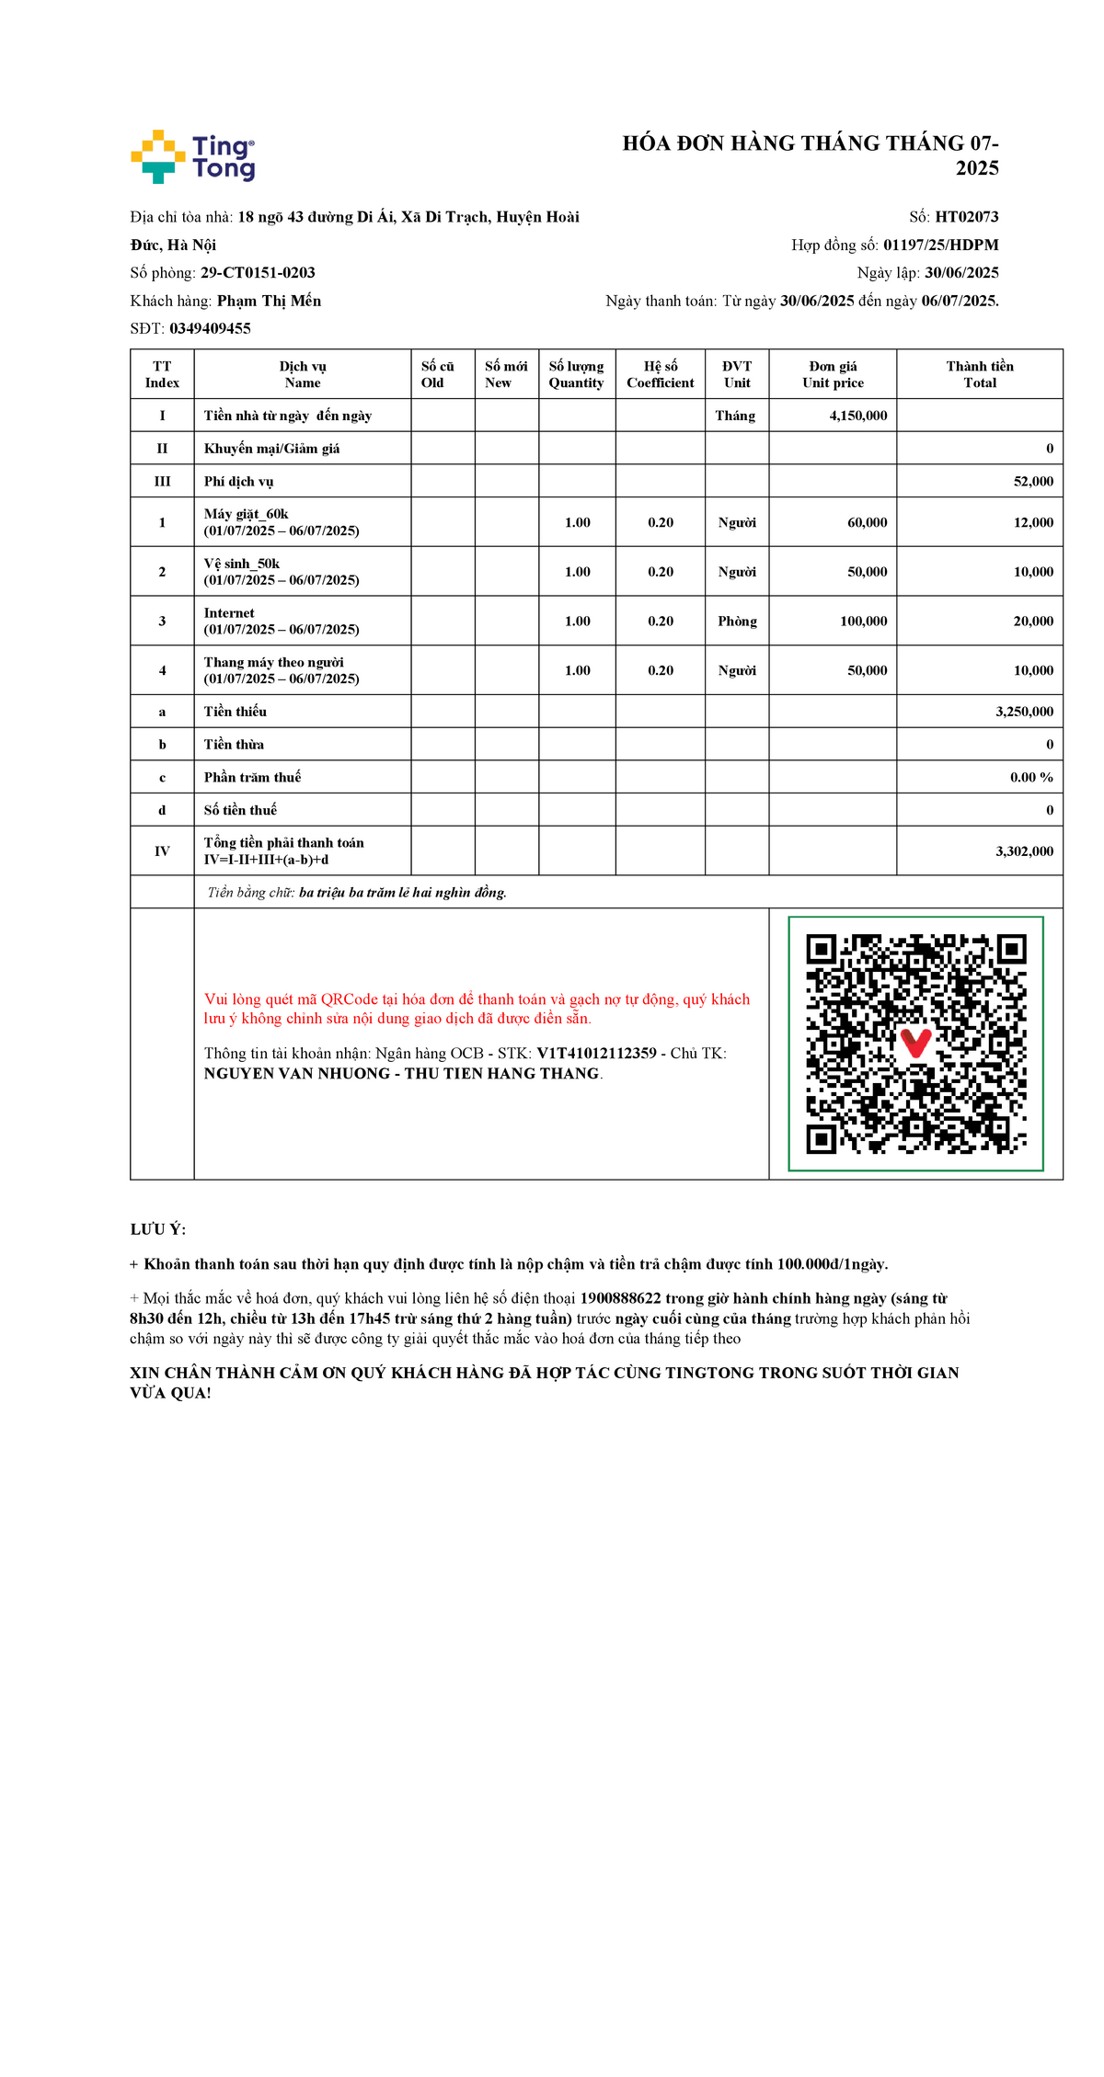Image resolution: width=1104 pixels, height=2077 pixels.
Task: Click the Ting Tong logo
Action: point(193,156)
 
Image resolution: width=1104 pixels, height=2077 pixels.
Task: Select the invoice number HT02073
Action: point(966,217)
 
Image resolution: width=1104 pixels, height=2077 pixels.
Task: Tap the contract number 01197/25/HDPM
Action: point(940,245)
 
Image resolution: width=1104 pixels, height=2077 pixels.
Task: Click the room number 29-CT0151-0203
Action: point(258,273)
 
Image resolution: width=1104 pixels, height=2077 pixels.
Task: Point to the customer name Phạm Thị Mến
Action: point(269,301)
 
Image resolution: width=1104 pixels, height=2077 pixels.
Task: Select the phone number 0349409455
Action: point(210,328)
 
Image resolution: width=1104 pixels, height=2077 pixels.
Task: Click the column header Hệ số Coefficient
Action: point(660,374)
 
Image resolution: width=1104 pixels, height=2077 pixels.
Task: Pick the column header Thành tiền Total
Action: point(979,374)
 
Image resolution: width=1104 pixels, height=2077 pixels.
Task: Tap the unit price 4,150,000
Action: point(857,416)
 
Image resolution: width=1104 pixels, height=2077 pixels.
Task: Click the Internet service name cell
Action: point(281,621)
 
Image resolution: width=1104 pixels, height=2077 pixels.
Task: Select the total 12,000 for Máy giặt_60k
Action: point(1032,522)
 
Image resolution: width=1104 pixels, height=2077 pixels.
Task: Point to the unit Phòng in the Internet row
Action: point(737,622)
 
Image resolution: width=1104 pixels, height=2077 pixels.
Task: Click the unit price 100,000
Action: point(863,622)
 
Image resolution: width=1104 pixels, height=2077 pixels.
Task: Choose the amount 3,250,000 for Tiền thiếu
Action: point(1024,712)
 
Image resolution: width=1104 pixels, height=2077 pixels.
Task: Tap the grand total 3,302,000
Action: point(1024,851)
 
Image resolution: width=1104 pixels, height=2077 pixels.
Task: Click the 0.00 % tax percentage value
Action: point(1031,777)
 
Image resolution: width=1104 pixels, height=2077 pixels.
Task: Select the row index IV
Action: point(162,851)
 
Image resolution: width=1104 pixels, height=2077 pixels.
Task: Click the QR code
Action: point(915,1044)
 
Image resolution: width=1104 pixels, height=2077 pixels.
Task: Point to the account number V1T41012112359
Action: point(596,1054)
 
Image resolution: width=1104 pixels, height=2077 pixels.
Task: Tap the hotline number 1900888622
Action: point(620,1298)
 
